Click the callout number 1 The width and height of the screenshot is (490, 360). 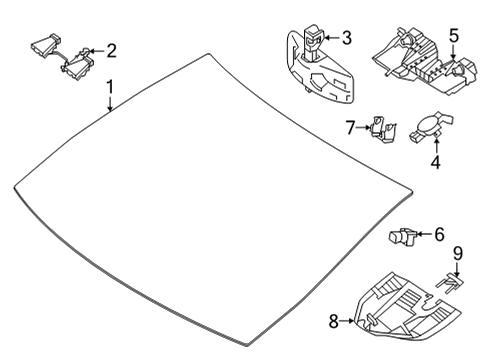click(110, 87)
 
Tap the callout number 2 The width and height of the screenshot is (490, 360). click(112, 51)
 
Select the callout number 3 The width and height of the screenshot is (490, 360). click(347, 37)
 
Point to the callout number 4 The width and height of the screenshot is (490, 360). click(436, 162)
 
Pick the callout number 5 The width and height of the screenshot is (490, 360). click(453, 36)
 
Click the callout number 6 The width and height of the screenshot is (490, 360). click(439, 234)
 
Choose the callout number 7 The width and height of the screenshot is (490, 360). click(350, 127)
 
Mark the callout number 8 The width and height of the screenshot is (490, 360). click(334, 321)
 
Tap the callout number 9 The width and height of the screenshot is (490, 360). click(458, 253)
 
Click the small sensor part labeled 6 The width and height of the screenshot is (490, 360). click(402, 237)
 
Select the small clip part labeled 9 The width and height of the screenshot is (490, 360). click(450, 283)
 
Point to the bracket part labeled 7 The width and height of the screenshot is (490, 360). click(383, 129)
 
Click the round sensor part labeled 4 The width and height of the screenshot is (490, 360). click(431, 128)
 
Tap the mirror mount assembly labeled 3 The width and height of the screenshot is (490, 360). click(319, 67)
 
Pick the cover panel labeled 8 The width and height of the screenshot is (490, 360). click(408, 306)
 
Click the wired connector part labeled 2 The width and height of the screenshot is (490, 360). click(63, 57)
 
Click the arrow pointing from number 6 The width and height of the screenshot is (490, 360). click(424, 234)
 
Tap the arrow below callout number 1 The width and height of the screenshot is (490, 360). click(110, 103)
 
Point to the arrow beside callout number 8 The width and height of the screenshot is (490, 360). click(347, 321)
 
